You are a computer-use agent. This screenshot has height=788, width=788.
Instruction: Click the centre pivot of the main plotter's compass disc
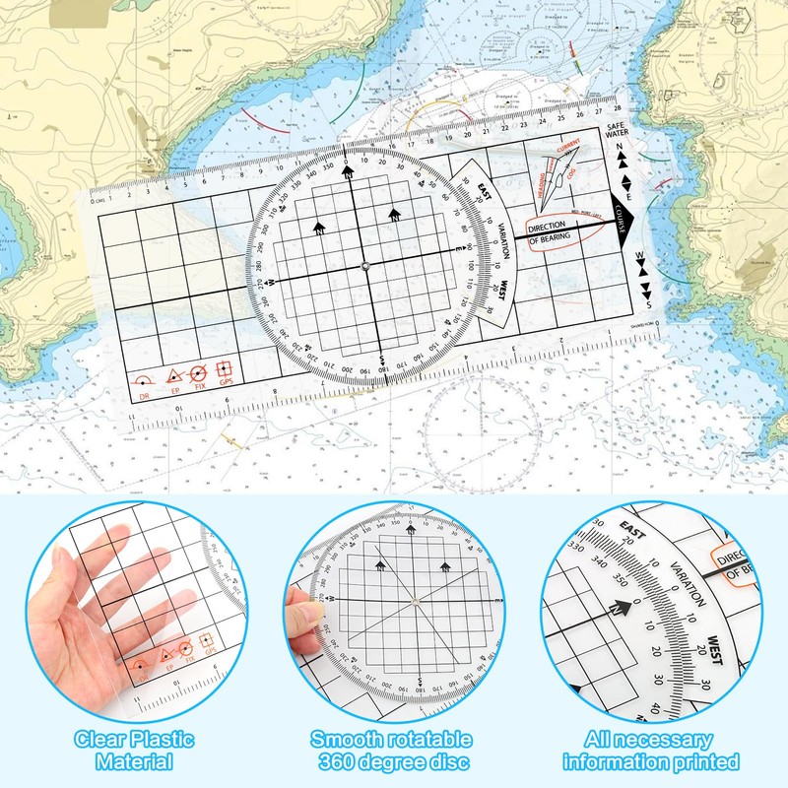click(x=364, y=266)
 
